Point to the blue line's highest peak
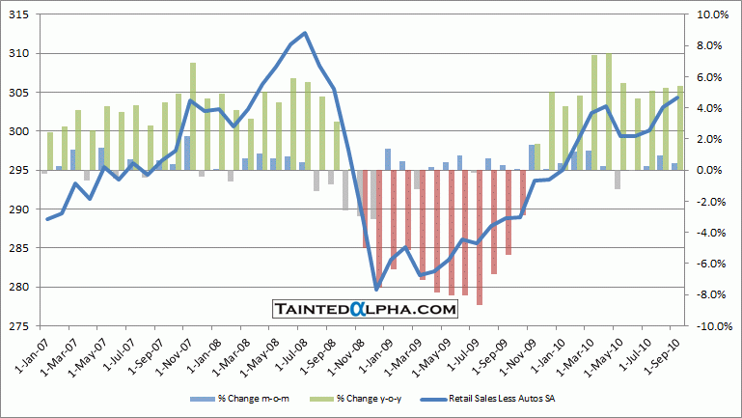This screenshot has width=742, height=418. pyautogui.click(x=305, y=33)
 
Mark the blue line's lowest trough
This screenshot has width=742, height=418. pyautogui.click(x=376, y=289)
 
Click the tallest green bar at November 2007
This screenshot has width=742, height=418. pyautogui.click(x=193, y=116)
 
